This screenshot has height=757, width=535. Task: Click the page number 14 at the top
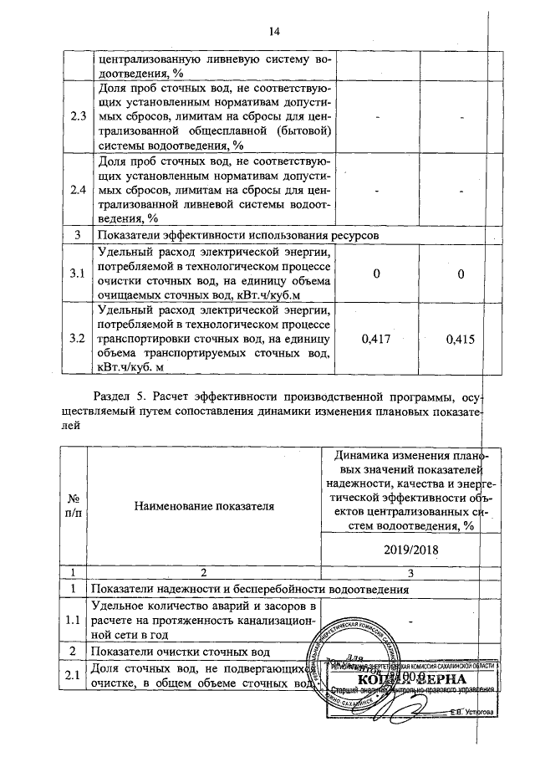273,33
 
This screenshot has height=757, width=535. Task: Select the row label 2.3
79,115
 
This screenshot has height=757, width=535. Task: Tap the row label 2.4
79,189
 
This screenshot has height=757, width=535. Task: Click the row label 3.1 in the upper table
79,274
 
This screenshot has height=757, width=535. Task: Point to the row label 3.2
79,340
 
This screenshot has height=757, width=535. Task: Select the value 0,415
461,340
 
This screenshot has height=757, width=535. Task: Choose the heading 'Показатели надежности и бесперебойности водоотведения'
252,589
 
